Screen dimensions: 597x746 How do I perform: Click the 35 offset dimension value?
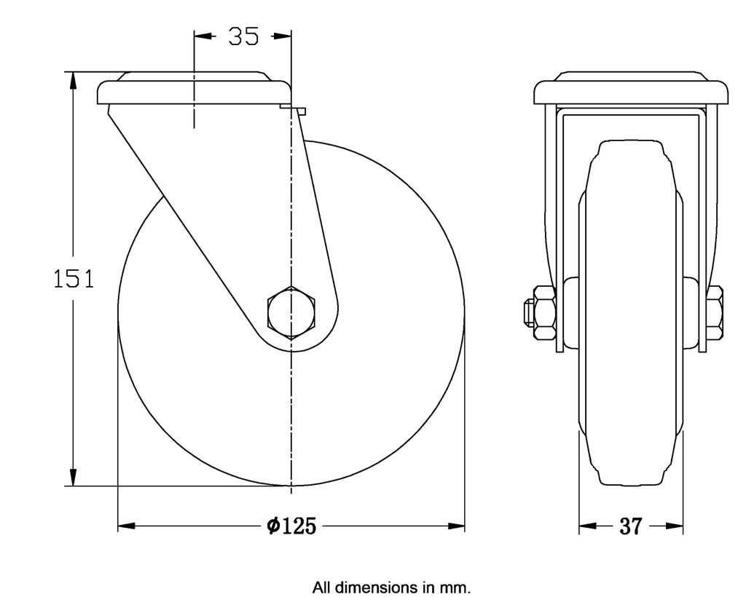tap(243, 36)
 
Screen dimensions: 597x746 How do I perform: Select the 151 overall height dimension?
tap(74, 279)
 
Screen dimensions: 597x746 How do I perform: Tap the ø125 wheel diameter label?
tap(291, 526)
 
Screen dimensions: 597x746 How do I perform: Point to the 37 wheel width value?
tap(630, 526)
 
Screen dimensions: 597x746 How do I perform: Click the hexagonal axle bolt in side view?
tap(291, 312)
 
